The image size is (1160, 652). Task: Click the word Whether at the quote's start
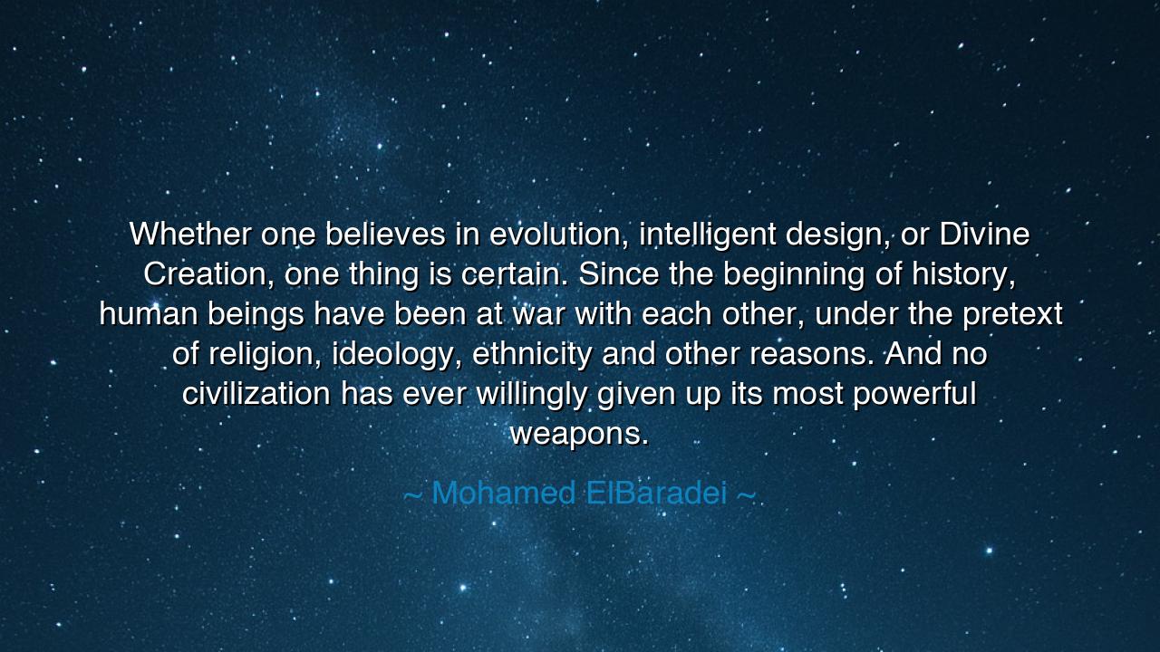coord(190,235)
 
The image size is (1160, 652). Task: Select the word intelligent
coord(707,235)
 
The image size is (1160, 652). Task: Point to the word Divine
coord(984,235)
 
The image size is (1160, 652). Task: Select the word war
coord(538,314)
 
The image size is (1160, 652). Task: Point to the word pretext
coord(1011,314)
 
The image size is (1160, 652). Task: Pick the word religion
coord(263,354)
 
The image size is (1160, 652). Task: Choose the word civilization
coord(256,394)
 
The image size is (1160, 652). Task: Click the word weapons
coord(579,434)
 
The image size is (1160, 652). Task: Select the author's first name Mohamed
coord(504,494)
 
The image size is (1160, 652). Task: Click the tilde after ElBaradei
coord(745,494)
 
